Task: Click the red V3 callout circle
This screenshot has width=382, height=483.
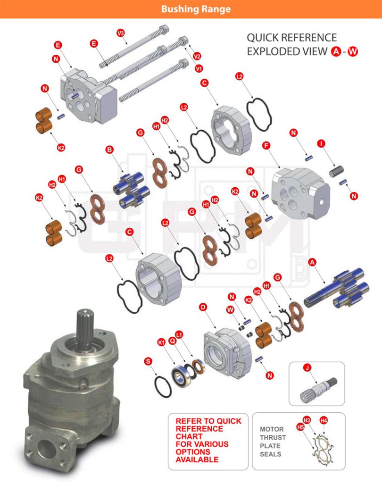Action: coord(121,33)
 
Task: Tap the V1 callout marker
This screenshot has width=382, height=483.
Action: coord(199,68)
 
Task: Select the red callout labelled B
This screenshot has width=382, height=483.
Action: coord(109,150)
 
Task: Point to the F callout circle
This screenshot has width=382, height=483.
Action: coord(266,145)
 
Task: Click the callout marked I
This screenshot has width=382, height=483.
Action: coord(321,143)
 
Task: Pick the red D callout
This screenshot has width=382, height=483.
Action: coord(203,307)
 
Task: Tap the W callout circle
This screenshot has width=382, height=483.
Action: coord(230,309)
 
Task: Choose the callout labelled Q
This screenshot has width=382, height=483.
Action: coord(172,341)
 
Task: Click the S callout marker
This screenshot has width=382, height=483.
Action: coord(148,361)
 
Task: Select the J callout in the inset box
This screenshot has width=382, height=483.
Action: coord(307,367)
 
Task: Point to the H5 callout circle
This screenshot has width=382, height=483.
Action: coord(300,426)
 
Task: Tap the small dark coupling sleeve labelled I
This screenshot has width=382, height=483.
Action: coord(336,171)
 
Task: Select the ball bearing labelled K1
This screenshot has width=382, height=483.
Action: coord(179,374)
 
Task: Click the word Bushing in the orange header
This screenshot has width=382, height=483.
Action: coord(178,9)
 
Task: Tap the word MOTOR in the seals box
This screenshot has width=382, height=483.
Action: coord(272,429)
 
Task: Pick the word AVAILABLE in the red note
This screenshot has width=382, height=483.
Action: coord(197,459)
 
